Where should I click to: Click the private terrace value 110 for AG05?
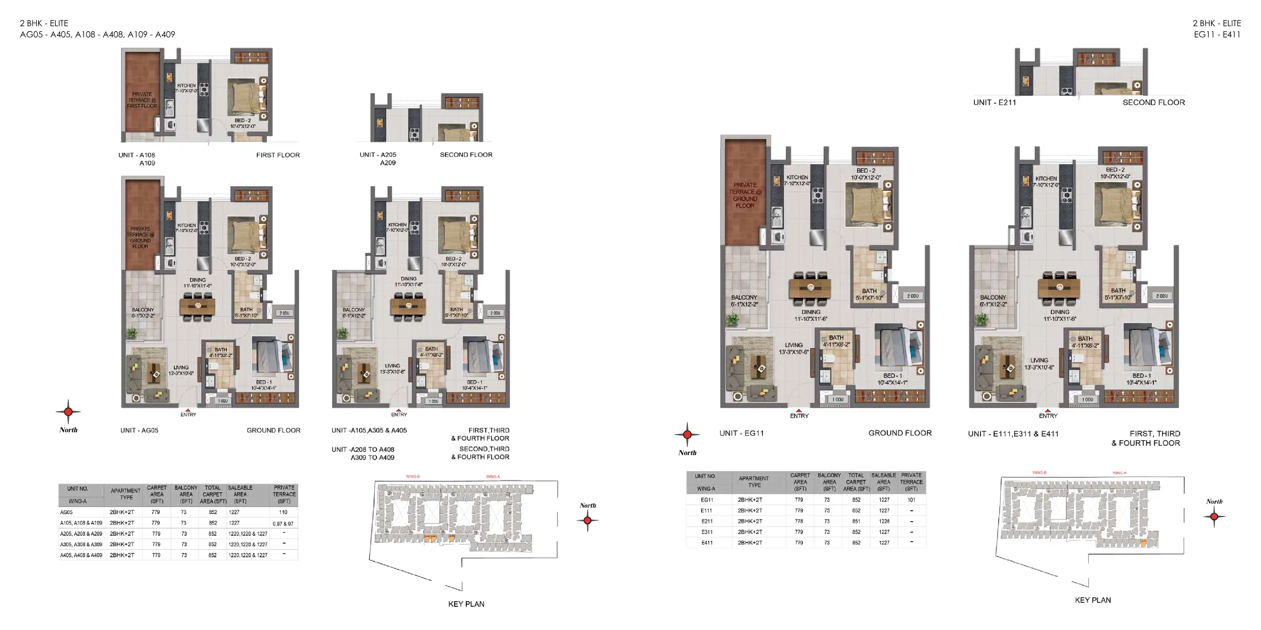click(x=283, y=512)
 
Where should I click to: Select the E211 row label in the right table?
click(x=707, y=521)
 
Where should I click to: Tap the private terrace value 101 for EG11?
click(x=911, y=500)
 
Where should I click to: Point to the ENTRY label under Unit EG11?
click(x=799, y=416)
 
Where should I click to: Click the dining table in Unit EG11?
click(x=810, y=288)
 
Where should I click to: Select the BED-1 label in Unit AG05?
click(x=264, y=382)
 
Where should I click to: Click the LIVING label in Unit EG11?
click(x=793, y=345)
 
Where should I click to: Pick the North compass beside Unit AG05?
click(x=68, y=412)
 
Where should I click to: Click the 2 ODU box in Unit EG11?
click(x=912, y=296)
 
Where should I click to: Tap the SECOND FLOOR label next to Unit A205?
click(x=466, y=155)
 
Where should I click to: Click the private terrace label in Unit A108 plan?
click(x=142, y=100)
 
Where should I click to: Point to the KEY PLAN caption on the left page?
click(x=466, y=604)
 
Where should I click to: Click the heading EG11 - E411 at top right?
click(x=1217, y=34)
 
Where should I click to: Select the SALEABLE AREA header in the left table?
click(x=240, y=494)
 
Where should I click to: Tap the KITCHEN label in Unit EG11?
click(x=797, y=177)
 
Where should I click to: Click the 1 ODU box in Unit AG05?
click(x=222, y=401)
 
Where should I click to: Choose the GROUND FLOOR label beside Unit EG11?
click(x=900, y=433)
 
